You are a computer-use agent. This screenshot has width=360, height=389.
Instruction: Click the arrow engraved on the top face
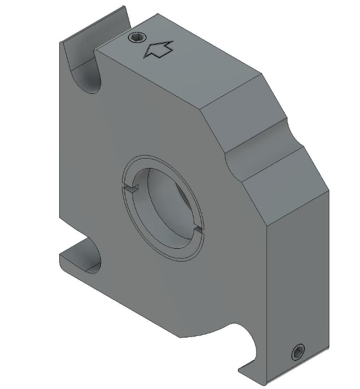[158, 50]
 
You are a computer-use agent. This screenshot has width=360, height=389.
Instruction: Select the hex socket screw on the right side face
[298, 353]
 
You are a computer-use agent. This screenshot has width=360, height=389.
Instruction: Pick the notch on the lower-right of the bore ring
[198, 229]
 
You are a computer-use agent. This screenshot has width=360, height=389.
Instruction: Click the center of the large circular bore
[165, 208]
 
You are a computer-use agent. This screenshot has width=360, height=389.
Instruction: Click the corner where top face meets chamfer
[200, 108]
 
